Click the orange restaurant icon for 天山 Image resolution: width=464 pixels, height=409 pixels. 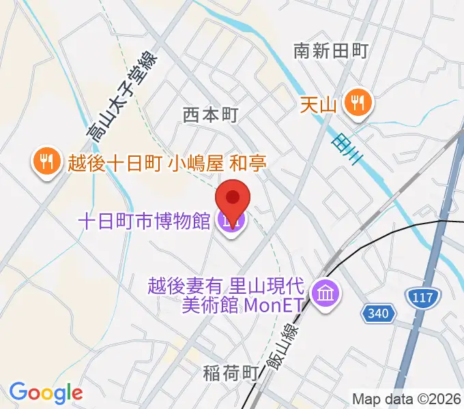point(357,104)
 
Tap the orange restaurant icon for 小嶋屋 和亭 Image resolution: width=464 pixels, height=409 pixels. point(44,162)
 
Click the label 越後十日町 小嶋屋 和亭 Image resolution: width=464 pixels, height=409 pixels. point(166,163)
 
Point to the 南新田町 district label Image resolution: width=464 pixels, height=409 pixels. point(331,50)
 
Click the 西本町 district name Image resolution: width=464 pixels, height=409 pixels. point(210,116)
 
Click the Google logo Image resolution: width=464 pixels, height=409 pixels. point(46,393)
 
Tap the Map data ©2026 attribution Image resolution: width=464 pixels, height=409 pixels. point(407,399)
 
